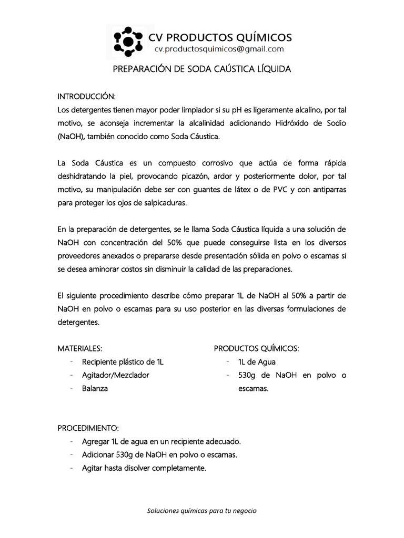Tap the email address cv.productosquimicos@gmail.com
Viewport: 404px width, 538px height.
pyautogui.click(x=219, y=49)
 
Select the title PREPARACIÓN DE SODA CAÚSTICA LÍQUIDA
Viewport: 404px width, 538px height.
pyautogui.click(x=202, y=69)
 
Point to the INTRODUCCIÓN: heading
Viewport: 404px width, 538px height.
pyautogui.click(x=86, y=97)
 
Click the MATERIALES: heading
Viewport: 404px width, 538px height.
pyautogui.click(x=79, y=348)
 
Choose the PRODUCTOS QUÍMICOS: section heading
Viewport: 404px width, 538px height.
pyautogui.click(x=257, y=348)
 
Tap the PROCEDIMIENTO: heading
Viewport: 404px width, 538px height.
pyautogui.click(x=88, y=428)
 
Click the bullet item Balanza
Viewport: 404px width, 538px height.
pyautogui.click(x=95, y=389)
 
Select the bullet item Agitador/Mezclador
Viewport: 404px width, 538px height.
pyautogui.click(x=116, y=375)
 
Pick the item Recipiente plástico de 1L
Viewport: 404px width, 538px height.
pyautogui.click(x=123, y=362)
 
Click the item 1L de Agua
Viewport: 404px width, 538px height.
pyautogui.click(x=257, y=362)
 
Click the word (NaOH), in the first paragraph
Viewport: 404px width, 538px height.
pyautogui.click(x=72, y=137)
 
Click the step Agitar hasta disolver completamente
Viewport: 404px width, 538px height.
pyautogui.click(x=144, y=468)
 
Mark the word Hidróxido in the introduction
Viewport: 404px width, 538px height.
pyautogui.click(x=280, y=123)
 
